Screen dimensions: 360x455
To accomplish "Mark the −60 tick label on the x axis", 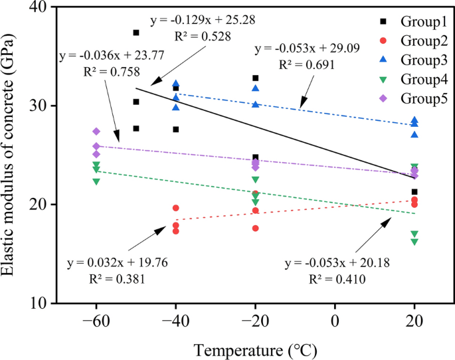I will pyautogui.click(x=96, y=320).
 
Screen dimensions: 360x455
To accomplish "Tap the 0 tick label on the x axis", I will pyautogui.click(x=335, y=320).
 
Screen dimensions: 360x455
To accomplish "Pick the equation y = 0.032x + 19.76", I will pyautogui.click(x=118, y=264).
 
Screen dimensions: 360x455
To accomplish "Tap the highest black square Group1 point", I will pyautogui.click(x=136, y=33).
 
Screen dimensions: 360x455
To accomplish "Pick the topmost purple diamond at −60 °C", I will pyautogui.click(x=96, y=132).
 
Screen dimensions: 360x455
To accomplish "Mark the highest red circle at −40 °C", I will pyautogui.click(x=176, y=208).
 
